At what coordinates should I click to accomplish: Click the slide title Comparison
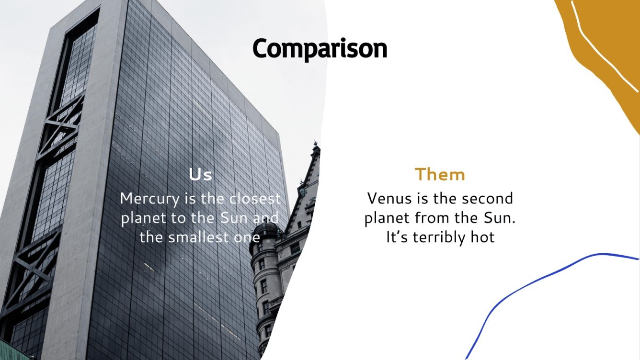(x=320, y=49)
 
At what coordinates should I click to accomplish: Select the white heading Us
(x=200, y=175)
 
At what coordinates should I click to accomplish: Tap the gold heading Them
(x=440, y=175)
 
